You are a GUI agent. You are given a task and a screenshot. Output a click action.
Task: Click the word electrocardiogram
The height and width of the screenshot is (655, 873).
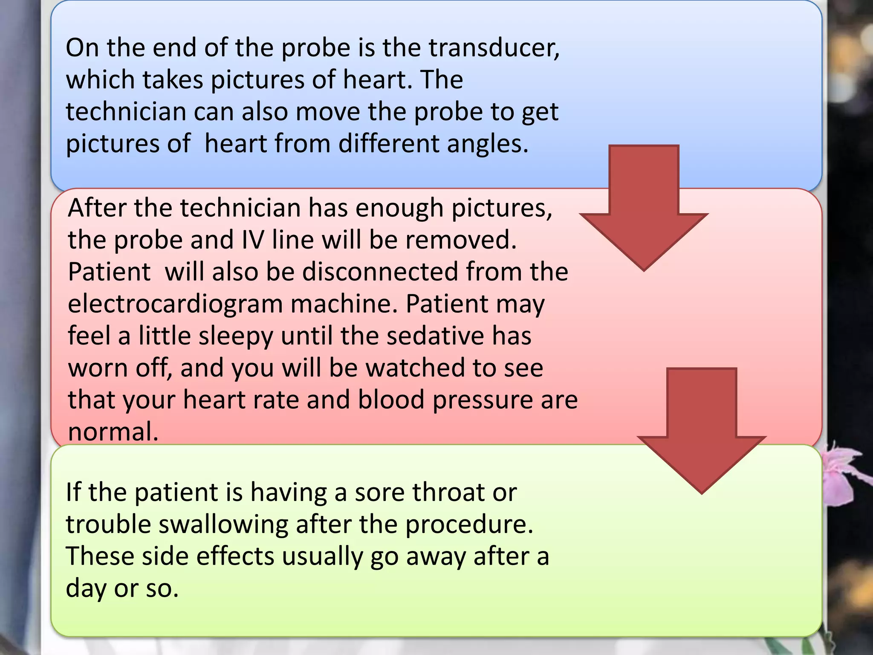175,304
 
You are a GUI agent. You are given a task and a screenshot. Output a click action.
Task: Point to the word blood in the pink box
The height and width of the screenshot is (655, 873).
391,400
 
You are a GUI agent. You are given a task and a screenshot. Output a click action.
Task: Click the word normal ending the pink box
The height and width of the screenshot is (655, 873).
113,432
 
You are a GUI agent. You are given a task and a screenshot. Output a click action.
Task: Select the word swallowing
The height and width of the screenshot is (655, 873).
223,525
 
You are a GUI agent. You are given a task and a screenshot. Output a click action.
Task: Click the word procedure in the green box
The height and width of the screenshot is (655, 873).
468,525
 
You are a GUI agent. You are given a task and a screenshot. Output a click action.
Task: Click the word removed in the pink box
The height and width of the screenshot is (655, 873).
460,240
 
